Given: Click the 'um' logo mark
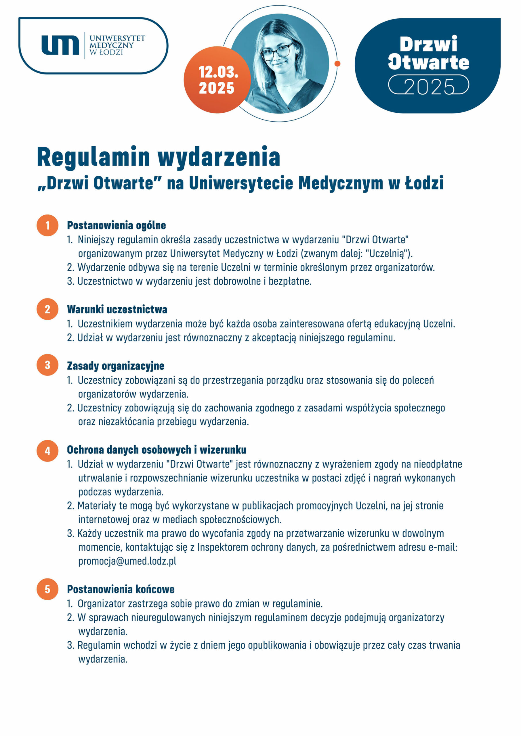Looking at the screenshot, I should (60, 45).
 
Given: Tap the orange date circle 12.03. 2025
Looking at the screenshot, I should (217, 80).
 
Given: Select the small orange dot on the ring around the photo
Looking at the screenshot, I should (337, 64).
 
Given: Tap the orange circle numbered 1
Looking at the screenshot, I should (47, 225).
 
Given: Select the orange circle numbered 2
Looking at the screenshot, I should (47, 309).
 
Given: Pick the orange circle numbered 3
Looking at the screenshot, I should (47, 365).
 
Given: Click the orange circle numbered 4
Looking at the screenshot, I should (47, 451).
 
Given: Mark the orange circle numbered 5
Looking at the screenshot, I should (47, 589).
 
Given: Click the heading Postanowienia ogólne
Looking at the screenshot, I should (117, 225).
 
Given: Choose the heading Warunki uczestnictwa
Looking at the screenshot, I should (117, 309).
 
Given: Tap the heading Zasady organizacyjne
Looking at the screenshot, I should (115, 366).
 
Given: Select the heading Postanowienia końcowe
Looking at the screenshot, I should (121, 589).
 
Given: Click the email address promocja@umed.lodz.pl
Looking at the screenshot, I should (127, 561).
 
